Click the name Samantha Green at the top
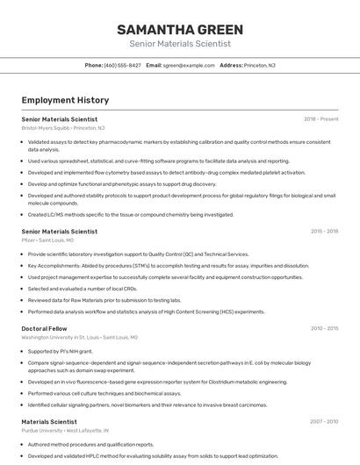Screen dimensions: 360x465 (x=180, y=29)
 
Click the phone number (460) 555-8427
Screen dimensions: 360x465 (x=122, y=65)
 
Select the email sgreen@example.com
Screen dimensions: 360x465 (x=189, y=65)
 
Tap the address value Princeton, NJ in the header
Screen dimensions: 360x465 (x=260, y=65)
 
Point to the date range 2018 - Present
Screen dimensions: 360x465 (x=320, y=118)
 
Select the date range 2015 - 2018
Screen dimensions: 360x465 (x=324, y=232)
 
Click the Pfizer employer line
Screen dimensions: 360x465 (x=47, y=240)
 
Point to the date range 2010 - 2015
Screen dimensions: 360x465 (x=324, y=329)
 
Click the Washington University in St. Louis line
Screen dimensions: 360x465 (x=79, y=337)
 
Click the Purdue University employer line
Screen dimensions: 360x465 (x=65, y=431)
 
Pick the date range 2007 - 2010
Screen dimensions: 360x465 (x=324, y=422)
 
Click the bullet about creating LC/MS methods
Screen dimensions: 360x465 (x=130, y=214)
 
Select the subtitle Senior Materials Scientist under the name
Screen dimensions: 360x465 (x=180, y=43)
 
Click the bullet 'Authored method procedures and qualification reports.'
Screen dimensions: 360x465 (x=90, y=445)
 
